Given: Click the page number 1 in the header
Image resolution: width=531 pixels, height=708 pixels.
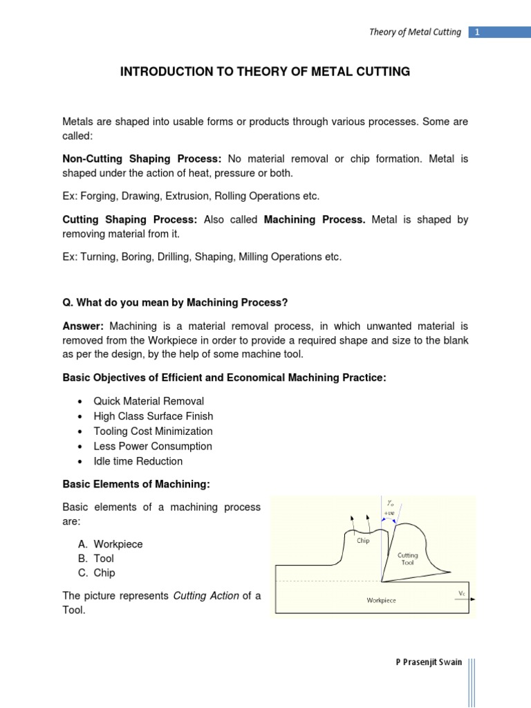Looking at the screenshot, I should [x=478, y=32].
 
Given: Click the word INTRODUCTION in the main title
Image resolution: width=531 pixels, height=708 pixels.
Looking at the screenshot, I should [x=162, y=72].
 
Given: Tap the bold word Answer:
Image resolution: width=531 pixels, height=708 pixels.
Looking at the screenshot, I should [x=83, y=326].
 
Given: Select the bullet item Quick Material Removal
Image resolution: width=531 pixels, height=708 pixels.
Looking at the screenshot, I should [x=149, y=401].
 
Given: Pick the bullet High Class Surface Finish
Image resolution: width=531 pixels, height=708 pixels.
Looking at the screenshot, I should [x=153, y=416].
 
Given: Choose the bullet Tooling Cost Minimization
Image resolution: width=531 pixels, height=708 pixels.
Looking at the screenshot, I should [x=153, y=431].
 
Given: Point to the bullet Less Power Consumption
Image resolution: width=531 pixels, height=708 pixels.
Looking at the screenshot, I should [x=153, y=447].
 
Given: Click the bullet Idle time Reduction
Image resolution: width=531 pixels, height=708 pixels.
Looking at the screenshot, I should [x=138, y=461].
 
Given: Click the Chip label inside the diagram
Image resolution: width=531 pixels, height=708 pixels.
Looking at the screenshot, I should [x=363, y=541].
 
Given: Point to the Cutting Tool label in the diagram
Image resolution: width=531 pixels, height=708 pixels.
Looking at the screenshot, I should [x=408, y=559].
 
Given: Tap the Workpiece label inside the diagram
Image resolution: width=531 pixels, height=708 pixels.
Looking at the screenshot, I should [x=381, y=600].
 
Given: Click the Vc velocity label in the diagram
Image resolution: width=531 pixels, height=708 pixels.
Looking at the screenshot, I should [x=462, y=593].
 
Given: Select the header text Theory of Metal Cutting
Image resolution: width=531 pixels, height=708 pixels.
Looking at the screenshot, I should [x=415, y=32].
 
